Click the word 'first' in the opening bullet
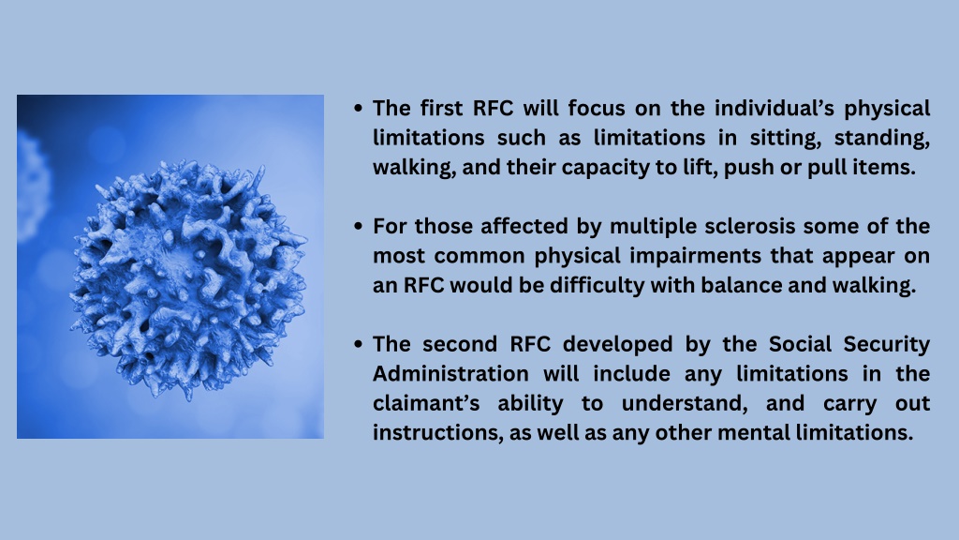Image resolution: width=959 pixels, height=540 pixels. click(x=442, y=109)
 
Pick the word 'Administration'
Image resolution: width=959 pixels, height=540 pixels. click(x=450, y=374)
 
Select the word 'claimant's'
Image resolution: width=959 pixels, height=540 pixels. click(x=426, y=403)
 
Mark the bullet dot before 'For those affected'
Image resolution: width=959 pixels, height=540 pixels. click(x=359, y=227)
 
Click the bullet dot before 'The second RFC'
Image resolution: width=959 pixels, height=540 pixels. click(x=359, y=345)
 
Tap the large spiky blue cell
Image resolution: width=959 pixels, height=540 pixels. click(x=188, y=278)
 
